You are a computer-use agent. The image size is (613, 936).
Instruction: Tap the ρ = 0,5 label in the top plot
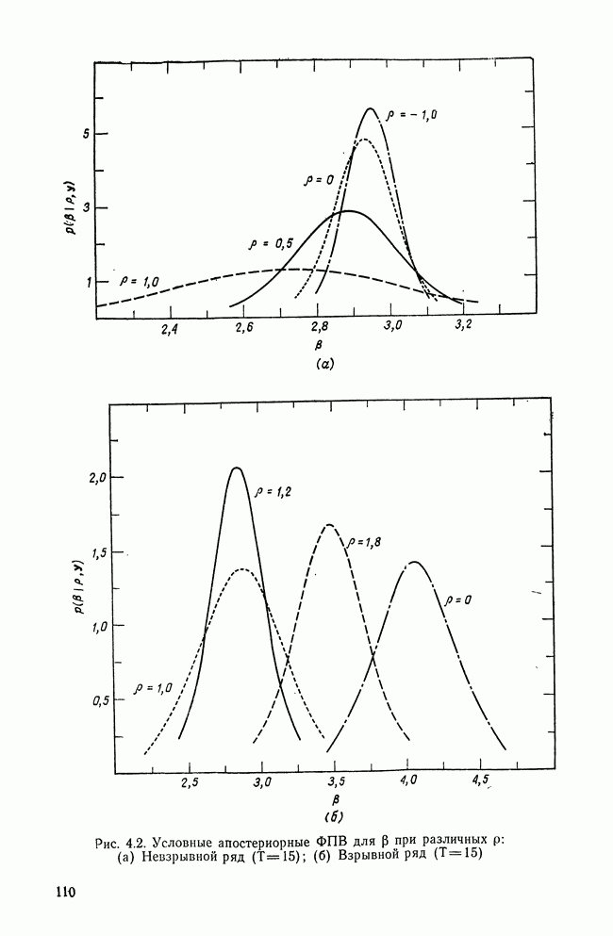tap(269, 243)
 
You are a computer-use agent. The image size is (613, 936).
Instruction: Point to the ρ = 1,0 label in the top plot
tap(140, 280)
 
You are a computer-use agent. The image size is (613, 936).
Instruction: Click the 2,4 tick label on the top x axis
tap(170, 329)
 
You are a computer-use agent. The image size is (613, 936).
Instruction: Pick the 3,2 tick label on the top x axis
tap(464, 326)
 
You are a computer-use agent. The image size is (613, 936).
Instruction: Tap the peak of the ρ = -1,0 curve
tap(371, 108)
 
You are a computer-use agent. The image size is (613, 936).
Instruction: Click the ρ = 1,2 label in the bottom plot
tap(272, 491)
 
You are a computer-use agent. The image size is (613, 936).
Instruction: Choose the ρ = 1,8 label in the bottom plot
tap(365, 542)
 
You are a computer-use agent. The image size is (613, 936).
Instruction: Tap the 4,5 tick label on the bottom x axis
tap(480, 781)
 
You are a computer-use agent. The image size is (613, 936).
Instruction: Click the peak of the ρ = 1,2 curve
tap(237, 468)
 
